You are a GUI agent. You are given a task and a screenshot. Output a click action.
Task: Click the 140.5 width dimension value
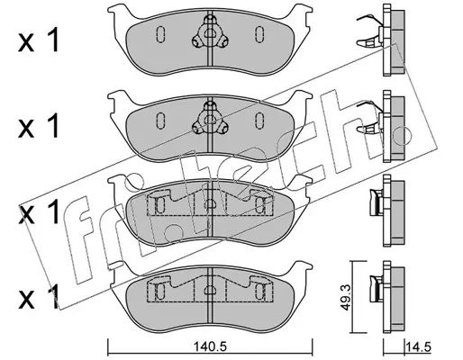click(210, 347)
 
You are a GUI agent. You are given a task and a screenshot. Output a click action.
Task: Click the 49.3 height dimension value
click(344, 298)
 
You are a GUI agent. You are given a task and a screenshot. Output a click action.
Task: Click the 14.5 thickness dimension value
click(418, 347)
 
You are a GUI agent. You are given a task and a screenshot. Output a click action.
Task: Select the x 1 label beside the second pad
click(39, 127)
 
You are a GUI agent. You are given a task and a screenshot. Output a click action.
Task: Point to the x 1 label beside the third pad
click(39, 212)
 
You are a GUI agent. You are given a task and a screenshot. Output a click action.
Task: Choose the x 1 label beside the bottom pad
click(39, 298)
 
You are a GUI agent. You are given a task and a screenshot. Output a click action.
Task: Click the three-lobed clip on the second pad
click(209, 119)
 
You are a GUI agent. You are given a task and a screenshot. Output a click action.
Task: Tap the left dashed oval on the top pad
click(160, 33)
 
